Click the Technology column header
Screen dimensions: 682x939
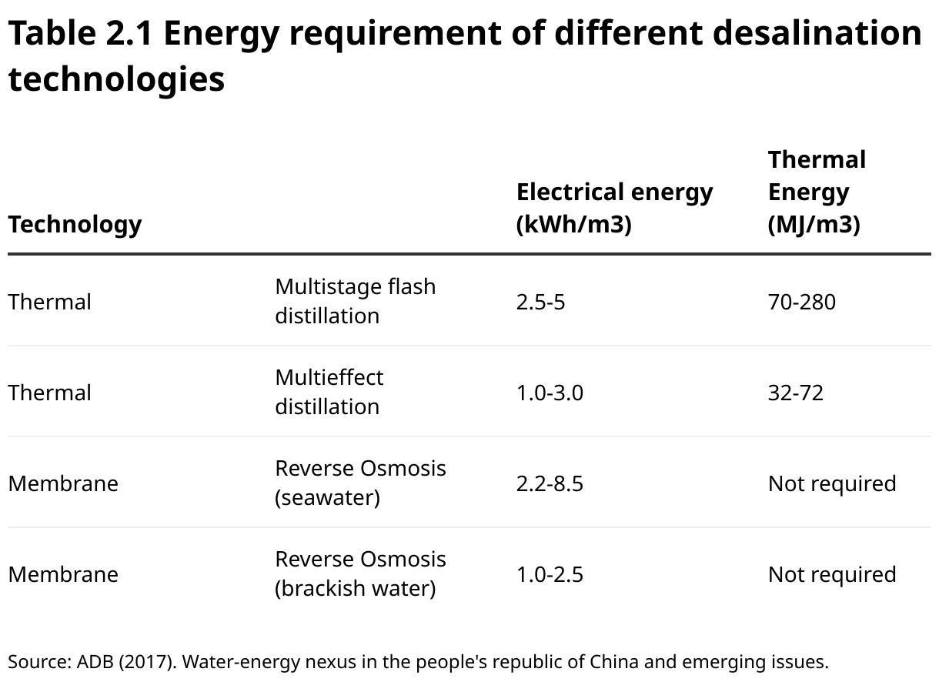(75, 224)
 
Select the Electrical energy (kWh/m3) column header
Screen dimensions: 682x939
(614, 208)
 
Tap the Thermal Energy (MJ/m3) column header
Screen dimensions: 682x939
(816, 192)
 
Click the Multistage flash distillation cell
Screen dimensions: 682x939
(355, 301)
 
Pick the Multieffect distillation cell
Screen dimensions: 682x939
(329, 392)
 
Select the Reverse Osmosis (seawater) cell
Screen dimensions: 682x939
(360, 483)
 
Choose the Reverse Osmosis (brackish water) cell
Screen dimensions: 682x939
(360, 573)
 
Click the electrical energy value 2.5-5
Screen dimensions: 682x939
(540, 302)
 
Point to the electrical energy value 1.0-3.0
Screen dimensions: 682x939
(550, 393)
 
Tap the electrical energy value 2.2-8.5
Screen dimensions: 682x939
(550, 483)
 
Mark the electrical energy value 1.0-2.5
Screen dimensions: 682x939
(550, 574)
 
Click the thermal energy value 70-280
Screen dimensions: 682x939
(801, 302)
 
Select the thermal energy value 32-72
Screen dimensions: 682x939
(795, 393)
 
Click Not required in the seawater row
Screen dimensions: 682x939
(831, 483)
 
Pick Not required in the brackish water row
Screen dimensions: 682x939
(831, 574)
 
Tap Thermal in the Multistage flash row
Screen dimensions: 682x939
(49, 302)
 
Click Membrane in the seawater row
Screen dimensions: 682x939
(63, 483)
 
